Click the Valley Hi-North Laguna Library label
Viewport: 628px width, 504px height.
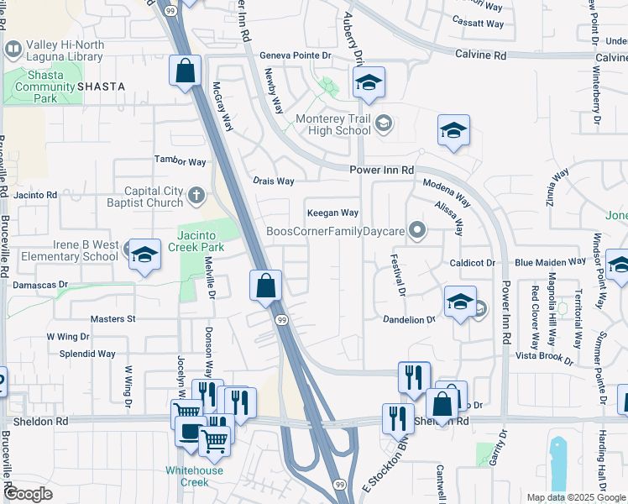click(65, 51)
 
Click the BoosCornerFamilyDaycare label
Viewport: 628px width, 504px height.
click(336, 230)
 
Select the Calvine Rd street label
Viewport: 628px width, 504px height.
click(481, 55)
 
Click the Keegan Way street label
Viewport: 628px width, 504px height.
click(332, 213)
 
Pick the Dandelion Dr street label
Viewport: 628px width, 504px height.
click(409, 320)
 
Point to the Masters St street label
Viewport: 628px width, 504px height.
click(113, 319)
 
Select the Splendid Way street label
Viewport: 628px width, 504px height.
click(87, 354)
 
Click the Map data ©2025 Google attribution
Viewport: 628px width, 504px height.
click(575, 497)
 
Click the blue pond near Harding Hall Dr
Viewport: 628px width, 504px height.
click(557, 462)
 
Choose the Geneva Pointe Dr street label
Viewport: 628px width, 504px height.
click(296, 55)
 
